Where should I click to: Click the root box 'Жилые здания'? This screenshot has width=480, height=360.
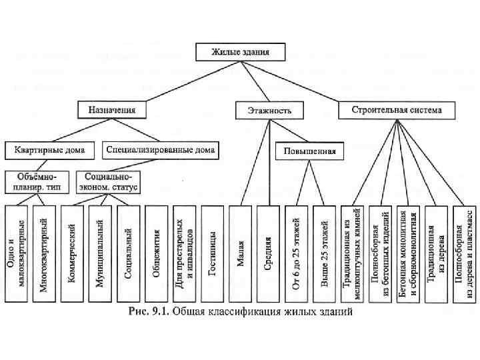coord(240,51)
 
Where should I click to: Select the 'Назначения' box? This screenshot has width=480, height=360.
coord(111,109)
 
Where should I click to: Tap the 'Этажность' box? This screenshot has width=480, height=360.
coord(263,109)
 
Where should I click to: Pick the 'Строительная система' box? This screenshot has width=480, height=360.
coord(389,109)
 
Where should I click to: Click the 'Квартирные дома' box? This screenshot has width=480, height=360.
coord(50,150)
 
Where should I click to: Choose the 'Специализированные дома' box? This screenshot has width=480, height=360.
coord(160,150)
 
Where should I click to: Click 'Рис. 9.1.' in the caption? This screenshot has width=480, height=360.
coord(147,311)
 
